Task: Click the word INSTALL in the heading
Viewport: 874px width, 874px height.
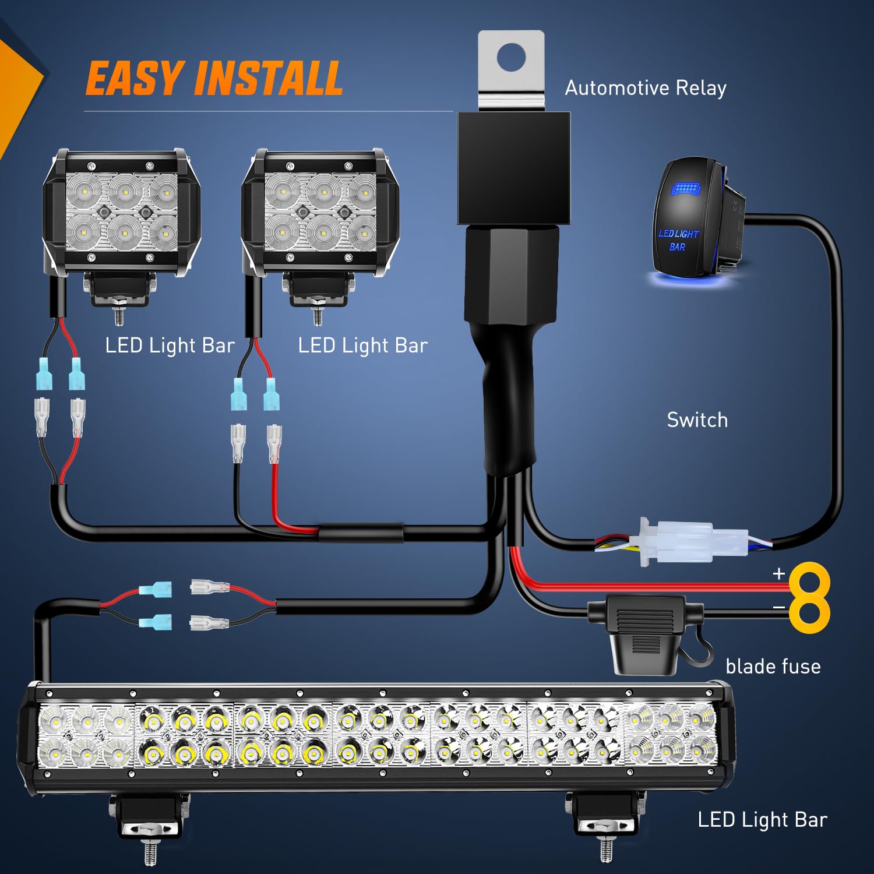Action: point(269,79)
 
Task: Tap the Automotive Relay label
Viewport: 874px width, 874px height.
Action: point(646,88)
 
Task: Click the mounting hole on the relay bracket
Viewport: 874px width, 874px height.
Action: point(511,57)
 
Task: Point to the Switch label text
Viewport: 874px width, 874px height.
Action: point(697,420)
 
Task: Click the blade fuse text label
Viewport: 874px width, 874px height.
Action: point(773,667)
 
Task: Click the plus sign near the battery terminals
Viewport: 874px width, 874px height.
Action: point(778,573)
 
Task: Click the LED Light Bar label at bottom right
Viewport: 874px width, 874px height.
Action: point(762,820)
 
